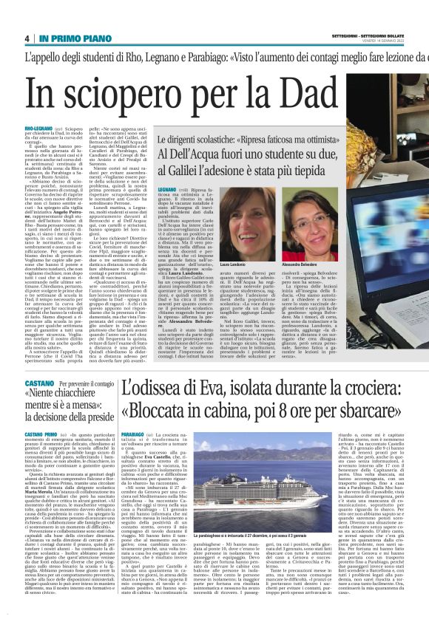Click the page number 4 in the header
26,39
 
